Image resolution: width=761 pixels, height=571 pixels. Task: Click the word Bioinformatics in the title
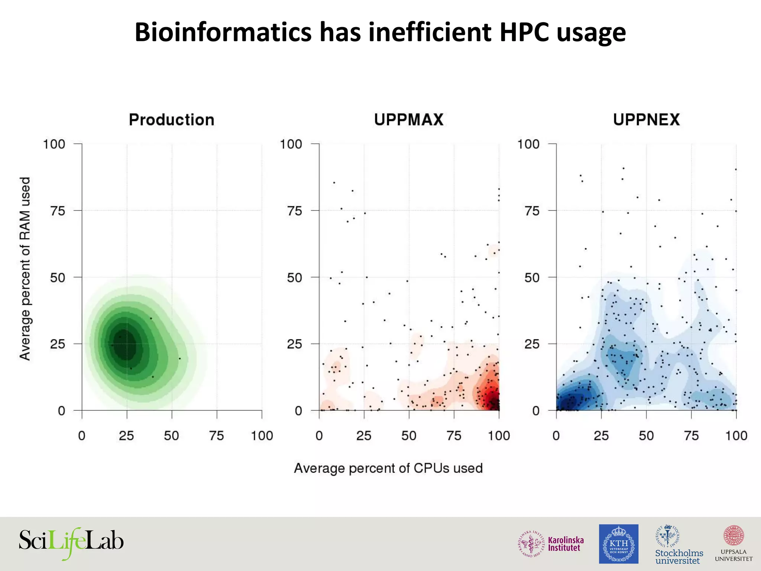point(223,32)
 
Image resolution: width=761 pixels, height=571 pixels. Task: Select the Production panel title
point(171,120)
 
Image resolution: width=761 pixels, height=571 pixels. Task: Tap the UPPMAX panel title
point(409,120)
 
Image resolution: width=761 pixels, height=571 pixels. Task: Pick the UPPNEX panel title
point(646,120)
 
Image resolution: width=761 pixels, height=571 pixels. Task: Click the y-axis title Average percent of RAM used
point(25,268)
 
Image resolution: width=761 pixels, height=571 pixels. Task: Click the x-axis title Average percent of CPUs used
point(388,468)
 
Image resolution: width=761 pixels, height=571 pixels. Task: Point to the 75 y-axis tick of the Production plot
point(58,211)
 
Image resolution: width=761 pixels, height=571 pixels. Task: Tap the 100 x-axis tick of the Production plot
point(262,435)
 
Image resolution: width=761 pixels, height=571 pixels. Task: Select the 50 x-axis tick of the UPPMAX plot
point(409,435)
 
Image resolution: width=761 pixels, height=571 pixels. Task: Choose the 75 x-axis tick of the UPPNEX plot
point(691,435)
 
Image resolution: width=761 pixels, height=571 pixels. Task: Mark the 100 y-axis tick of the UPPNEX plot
point(528,144)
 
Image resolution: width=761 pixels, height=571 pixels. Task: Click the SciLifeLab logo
point(71,542)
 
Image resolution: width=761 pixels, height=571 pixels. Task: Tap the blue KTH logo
point(618,544)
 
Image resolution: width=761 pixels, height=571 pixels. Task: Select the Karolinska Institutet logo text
point(566,544)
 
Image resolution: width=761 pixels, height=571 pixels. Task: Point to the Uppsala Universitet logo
point(734,544)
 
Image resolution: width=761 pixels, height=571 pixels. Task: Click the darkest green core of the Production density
point(125,344)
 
